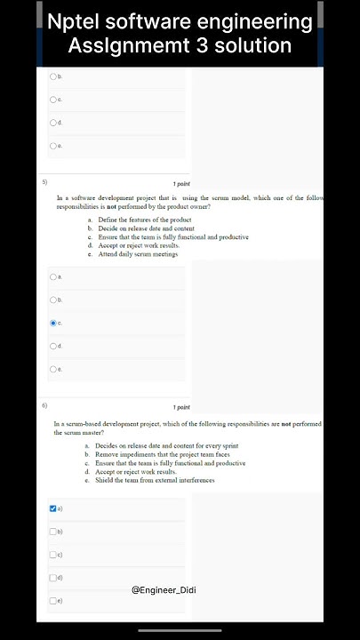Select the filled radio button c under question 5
point(53,323)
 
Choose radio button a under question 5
point(53,276)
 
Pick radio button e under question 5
point(53,369)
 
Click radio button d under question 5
point(53,346)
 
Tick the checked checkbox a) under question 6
point(53,508)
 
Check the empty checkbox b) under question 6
point(53,532)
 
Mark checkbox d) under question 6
point(53,578)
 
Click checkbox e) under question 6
point(53,601)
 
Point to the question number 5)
point(45,181)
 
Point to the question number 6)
point(45,404)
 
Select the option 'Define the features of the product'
point(144,220)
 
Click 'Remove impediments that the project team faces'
point(164,454)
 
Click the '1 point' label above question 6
point(181,407)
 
